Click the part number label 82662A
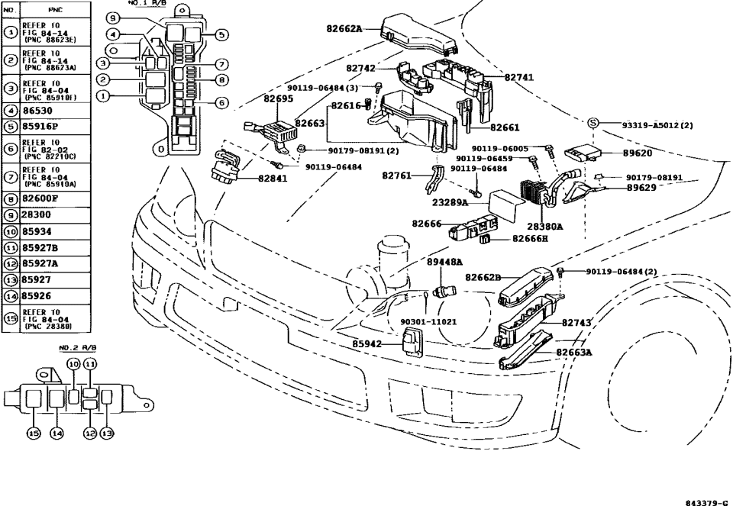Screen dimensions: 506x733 point(344,29)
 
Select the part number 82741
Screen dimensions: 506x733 point(519,77)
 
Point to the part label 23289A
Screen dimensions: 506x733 point(450,203)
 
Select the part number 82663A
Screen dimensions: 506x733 point(573,353)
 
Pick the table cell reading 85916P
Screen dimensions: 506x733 point(40,127)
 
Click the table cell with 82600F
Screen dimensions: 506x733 point(40,198)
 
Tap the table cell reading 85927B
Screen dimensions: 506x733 point(40,248)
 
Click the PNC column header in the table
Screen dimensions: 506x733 point(55,10)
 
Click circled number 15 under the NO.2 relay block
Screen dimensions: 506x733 point(34,433)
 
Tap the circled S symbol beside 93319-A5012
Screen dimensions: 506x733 point(593,124)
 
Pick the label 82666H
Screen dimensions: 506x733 point(530,240)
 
